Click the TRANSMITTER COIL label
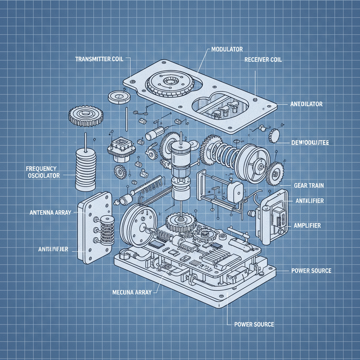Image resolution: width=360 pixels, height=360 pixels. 99,59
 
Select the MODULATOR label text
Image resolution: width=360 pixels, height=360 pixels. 227,49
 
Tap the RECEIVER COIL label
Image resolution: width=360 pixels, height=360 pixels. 263,60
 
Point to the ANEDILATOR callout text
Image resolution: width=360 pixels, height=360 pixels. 306,104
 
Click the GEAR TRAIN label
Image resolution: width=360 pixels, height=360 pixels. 308,185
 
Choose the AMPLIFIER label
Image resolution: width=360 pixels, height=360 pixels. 307,225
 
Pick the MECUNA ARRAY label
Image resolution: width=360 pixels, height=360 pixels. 133,292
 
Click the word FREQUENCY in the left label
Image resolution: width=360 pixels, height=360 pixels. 41,168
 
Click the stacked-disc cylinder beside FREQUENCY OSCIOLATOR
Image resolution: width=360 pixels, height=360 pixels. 86,169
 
